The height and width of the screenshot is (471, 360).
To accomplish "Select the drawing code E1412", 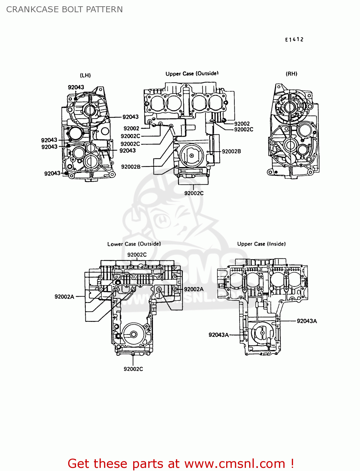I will pos(294,40).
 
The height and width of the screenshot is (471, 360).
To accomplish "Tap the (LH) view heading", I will pos(85,75).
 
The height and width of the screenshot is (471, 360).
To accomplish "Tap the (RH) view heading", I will pos(291,74).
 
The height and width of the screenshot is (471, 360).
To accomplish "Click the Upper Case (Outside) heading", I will pos(192,74).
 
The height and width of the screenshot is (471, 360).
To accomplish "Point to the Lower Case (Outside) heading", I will pos(134,244).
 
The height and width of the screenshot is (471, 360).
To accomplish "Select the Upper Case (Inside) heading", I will pos(261,244).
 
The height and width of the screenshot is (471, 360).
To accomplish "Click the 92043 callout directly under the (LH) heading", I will pos(76,87).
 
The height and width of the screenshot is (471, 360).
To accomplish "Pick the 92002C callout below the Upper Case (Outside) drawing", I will pos(194,193).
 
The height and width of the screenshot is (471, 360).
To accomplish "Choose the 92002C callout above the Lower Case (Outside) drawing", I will pos(137,255).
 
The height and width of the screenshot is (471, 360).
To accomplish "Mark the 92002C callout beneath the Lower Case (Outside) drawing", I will pos(133,369).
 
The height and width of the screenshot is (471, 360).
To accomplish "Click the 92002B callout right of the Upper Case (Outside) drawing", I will pos(232,151).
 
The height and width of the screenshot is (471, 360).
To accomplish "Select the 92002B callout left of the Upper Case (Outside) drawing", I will pos(131,167).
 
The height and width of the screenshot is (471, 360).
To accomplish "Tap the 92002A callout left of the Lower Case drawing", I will pos(64,297).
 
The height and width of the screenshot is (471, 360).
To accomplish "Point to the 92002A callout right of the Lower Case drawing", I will pos(194,289).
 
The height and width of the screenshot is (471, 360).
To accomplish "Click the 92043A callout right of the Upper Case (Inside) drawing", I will pos(307,321).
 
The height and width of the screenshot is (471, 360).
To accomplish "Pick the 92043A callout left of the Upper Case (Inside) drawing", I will pos(219,335).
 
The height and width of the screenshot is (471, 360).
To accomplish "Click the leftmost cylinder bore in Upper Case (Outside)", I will pos(156,103).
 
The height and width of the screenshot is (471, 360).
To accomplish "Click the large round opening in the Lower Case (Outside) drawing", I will pos(133,334).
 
